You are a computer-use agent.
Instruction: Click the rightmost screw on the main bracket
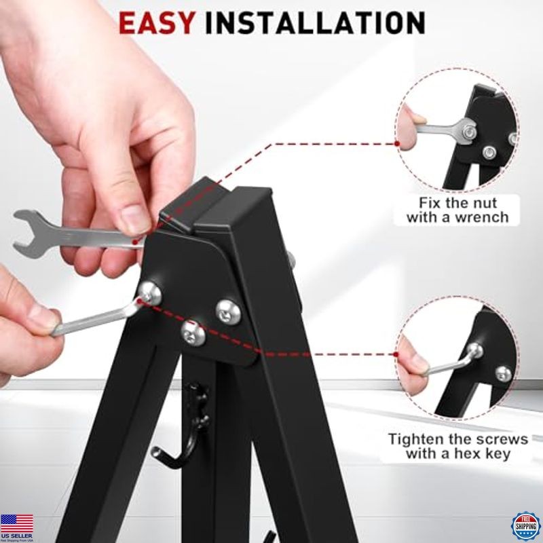pyautogui.click(x=227, y=311)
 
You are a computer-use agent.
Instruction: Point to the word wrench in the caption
pyautogui.click(x=483, y=218)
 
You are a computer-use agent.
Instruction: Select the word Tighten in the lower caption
pyautogui.click(x=415, y=438)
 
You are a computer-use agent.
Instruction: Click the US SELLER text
pyautogui.click(x=16, y=537)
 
